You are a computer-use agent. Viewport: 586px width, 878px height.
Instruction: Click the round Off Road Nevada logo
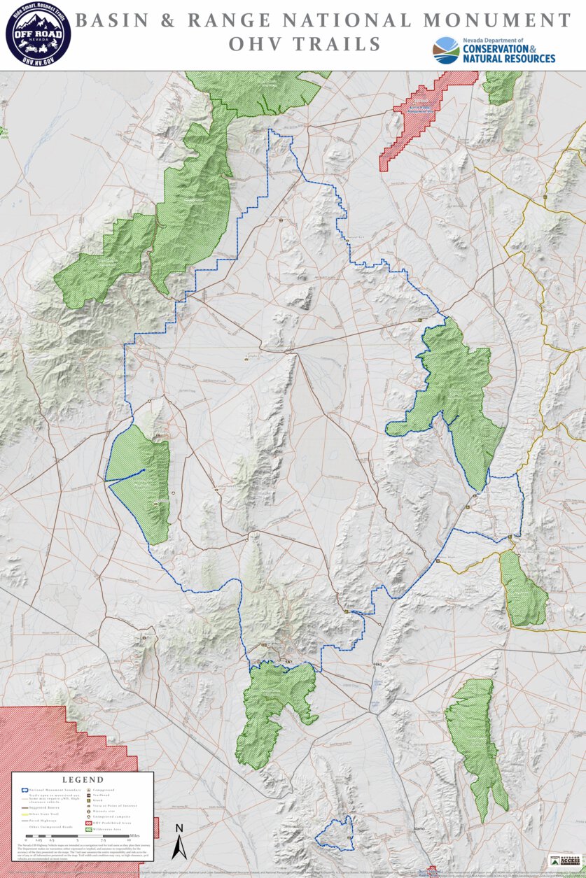[x=38, y=34]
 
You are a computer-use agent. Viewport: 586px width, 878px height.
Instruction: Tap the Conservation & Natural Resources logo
[x=494, y=50]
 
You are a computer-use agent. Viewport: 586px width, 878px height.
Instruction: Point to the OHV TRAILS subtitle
[x=305, y=45]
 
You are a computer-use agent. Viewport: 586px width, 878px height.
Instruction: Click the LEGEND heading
[x=83, y=779]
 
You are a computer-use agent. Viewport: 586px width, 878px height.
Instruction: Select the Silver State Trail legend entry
[x=44, y=814]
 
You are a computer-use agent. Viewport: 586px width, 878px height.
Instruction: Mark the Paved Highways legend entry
[x=43, y=821]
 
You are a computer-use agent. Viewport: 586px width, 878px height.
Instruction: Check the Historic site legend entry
[x=104, y=812]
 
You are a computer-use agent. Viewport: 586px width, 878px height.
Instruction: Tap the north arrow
[x=179, y=842]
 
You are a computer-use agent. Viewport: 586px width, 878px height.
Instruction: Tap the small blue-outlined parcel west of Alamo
[x=335, y=833]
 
